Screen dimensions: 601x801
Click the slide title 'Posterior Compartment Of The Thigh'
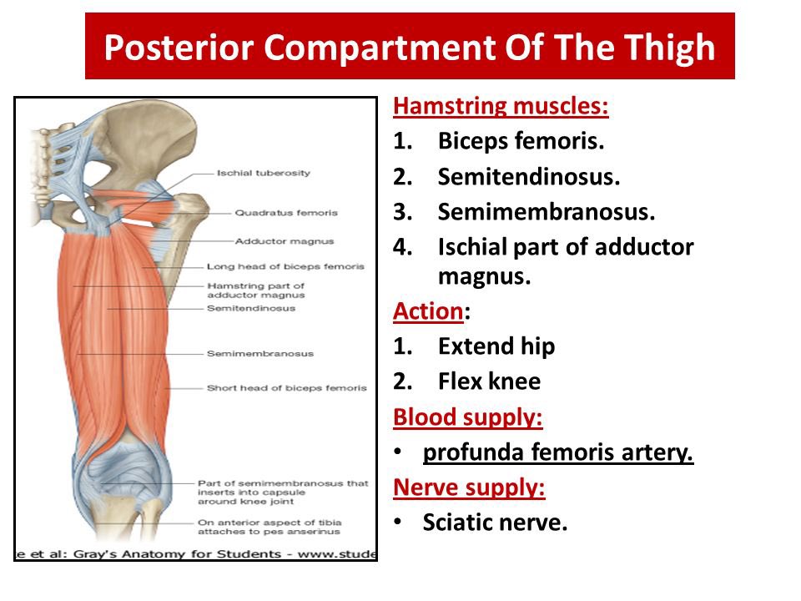410,48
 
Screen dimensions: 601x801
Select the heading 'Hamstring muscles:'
501,107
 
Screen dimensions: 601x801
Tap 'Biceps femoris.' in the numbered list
520,141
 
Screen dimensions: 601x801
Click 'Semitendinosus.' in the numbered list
529,176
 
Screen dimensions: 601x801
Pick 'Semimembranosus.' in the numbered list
547,211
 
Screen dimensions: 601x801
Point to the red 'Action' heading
427,311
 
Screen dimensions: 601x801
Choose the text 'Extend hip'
496,346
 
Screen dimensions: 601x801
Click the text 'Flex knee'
489,381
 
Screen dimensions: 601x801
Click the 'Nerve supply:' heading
469,487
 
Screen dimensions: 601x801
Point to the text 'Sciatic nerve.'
495,523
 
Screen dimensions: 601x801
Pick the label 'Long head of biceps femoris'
285,266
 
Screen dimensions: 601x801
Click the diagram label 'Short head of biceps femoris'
286,388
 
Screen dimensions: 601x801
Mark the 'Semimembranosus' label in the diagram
260,353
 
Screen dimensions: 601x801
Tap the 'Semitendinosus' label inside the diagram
250,308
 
